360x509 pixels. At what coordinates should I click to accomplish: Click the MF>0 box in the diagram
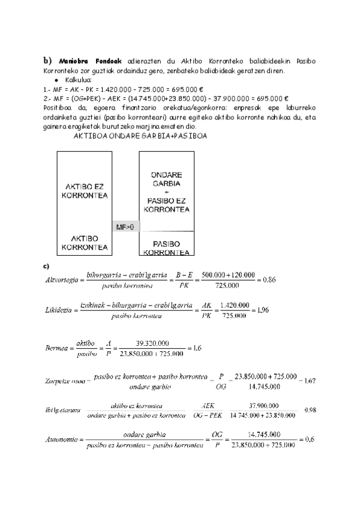[x=124, y=227]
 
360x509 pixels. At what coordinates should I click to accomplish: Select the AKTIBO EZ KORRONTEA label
[x=85, y=191]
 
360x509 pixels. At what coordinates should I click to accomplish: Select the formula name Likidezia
[x=60, y=311]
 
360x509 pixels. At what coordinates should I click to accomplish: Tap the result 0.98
[x=311, y=409]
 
